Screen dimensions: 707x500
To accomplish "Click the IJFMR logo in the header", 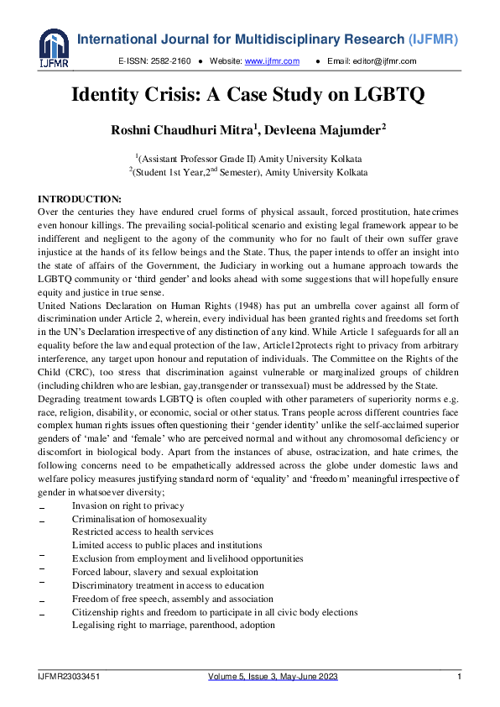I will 53,47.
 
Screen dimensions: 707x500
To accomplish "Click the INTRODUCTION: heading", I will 80,198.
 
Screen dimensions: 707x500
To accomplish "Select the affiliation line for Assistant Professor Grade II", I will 250,158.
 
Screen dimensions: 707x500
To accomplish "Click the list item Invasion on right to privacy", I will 128,506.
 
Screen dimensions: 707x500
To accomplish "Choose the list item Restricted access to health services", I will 142,532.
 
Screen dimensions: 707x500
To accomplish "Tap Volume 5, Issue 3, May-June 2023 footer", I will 273,677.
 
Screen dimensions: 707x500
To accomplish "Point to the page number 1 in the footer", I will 460,677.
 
